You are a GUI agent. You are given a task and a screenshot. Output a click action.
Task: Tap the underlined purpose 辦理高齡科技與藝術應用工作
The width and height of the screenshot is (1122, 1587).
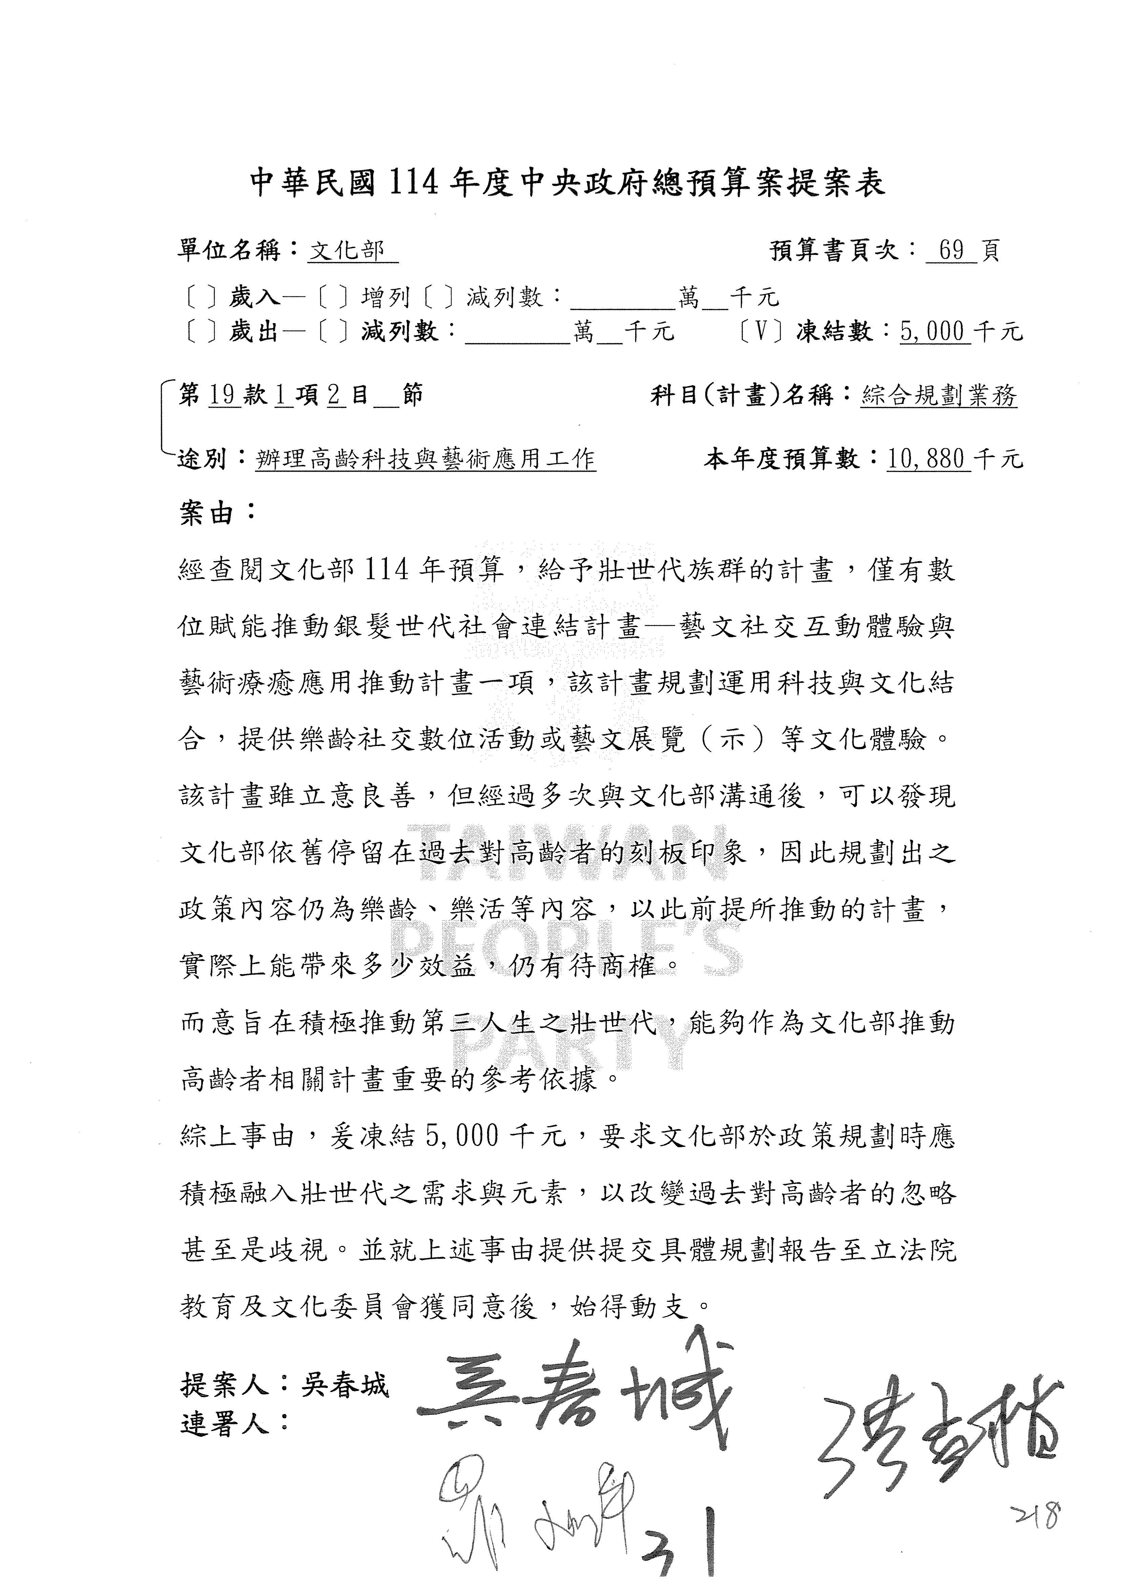coord(425,459)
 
